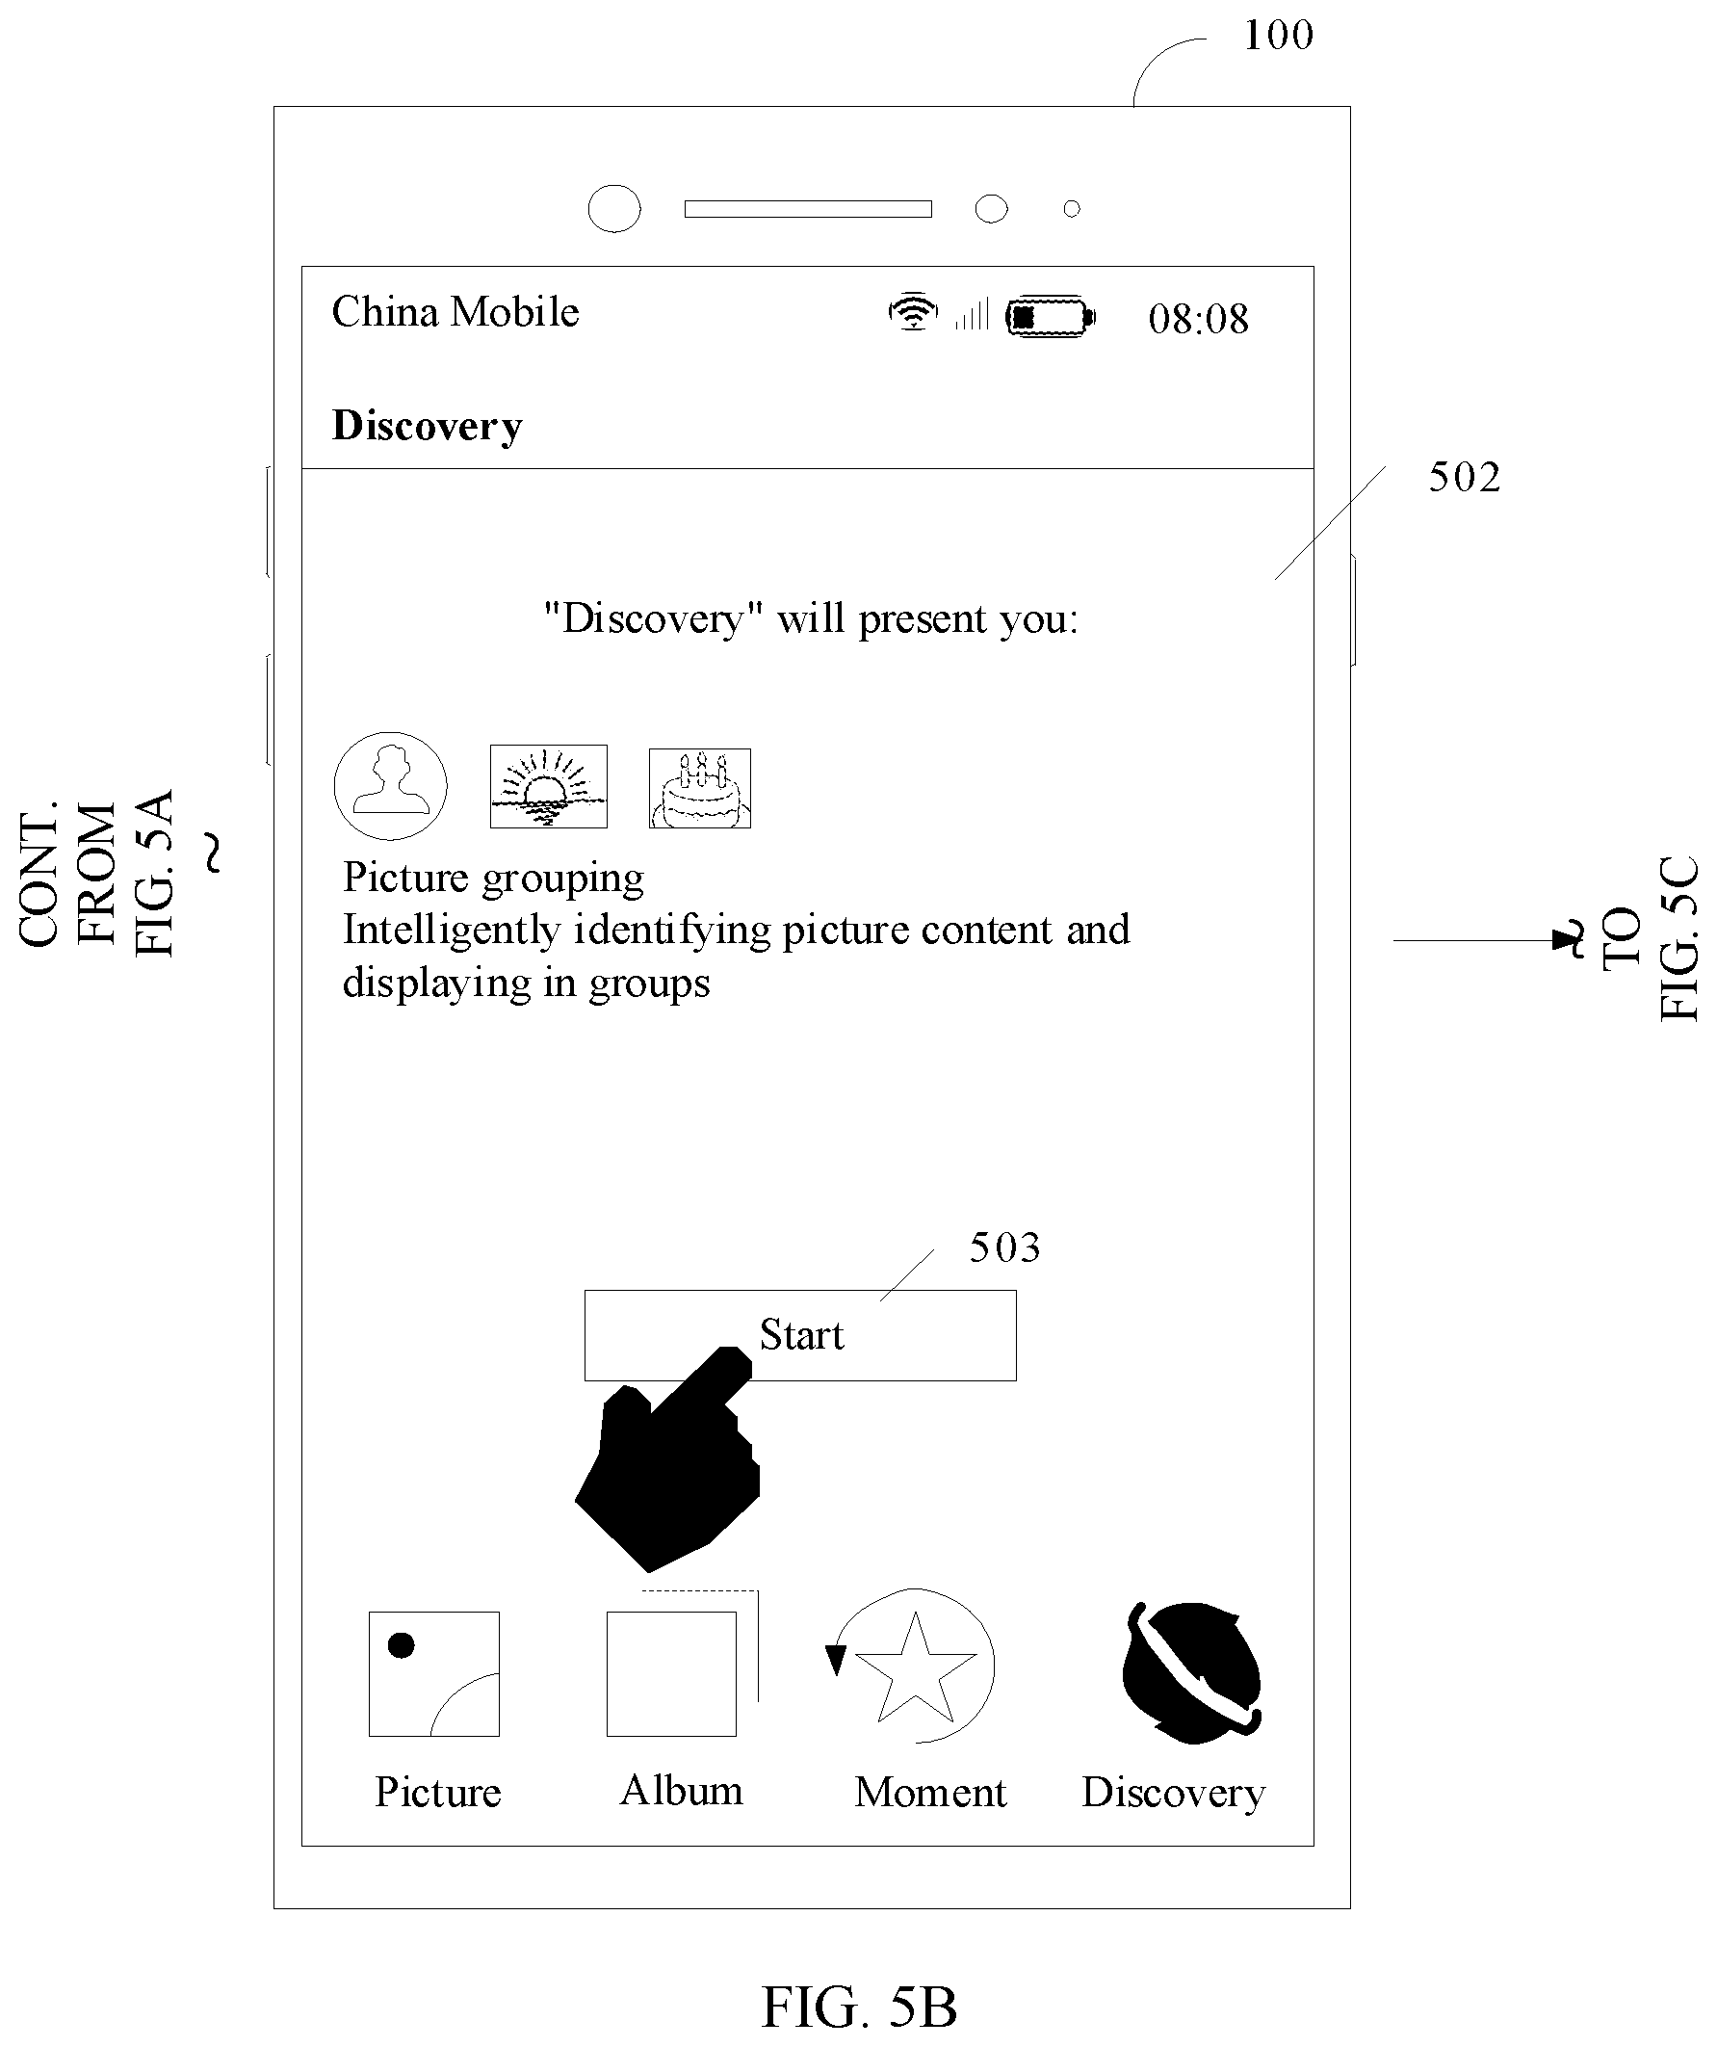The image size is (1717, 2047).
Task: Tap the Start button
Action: [800, 1334]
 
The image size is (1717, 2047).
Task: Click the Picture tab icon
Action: [433, 1673]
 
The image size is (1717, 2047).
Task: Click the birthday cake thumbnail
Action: [700, 789]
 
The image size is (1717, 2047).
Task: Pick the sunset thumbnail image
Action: [549, 787]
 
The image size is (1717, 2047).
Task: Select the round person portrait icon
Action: [391, 786]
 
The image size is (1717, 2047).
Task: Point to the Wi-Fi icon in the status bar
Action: [913, 312]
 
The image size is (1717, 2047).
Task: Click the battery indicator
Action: [1051, 316]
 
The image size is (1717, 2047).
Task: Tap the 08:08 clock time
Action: [1198, 319]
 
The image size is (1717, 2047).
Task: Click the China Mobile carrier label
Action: [455, 312]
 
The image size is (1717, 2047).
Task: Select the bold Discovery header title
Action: [427, 426]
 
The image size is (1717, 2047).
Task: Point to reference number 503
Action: [1004, 1247]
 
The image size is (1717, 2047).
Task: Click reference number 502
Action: [1465, 477]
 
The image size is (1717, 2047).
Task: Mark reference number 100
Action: [1279, 35]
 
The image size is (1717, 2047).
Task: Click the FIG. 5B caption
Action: [859, 2008]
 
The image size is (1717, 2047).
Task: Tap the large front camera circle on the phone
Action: [615, 209]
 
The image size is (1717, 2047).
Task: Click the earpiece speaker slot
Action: [808, 209]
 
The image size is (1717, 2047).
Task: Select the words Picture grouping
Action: [493, 879]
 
